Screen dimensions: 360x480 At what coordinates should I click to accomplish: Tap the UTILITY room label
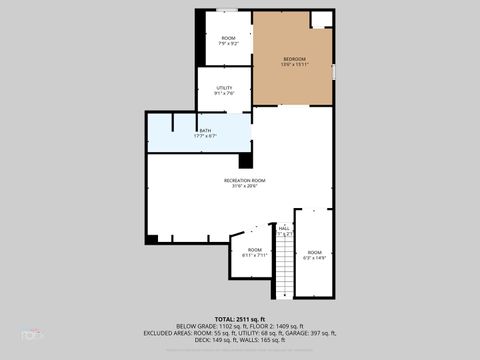tap(224, 88)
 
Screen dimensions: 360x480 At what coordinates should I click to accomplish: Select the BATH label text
tap(204, 131)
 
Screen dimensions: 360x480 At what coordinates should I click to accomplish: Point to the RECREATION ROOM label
tap(244, 180)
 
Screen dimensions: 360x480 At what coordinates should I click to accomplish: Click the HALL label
tap(284, 229)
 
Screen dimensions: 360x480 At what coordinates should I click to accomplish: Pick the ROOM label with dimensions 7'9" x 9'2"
tap(228, 39)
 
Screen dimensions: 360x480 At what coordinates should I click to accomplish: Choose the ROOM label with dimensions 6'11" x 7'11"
tap(255, 250)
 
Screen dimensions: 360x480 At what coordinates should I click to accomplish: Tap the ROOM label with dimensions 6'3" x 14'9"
tap(315, 252)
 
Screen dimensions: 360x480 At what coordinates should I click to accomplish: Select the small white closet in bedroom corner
tap(321, 19)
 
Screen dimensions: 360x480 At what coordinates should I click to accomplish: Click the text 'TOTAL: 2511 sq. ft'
tap(240, 317)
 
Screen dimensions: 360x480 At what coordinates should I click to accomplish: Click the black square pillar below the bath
tap(245, 160)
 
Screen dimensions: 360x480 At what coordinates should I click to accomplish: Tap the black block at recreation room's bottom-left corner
tap(151, 238)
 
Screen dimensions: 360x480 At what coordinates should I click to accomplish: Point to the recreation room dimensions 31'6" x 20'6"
tap(244, 186)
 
